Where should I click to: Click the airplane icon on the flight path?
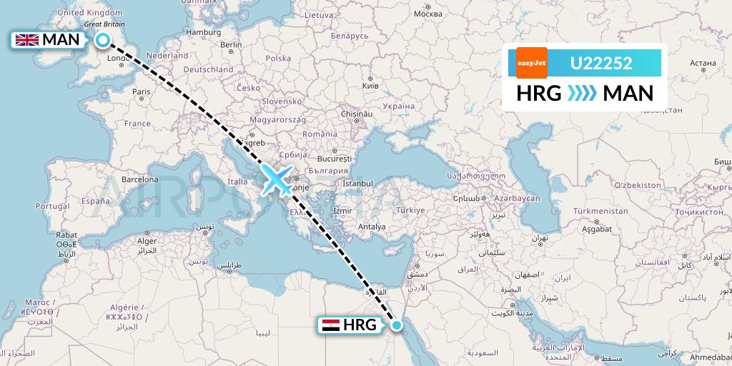pos(277,179)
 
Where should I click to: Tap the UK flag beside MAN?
pos(27,40)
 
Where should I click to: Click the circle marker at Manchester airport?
pos(103,40)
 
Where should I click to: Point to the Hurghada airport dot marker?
pos(397,326)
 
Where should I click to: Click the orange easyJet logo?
pos(531,63)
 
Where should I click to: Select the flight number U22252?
pos(600,64)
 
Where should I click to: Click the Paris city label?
pos(142,91)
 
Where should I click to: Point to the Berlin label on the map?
pos(232,44)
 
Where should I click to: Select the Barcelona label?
pos(139,179)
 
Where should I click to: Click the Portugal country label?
pos(52,206)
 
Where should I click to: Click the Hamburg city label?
pos(202,32)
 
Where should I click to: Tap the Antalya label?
pos(372,227)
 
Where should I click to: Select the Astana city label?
pos(693,63)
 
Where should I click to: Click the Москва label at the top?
pos(428,14)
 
